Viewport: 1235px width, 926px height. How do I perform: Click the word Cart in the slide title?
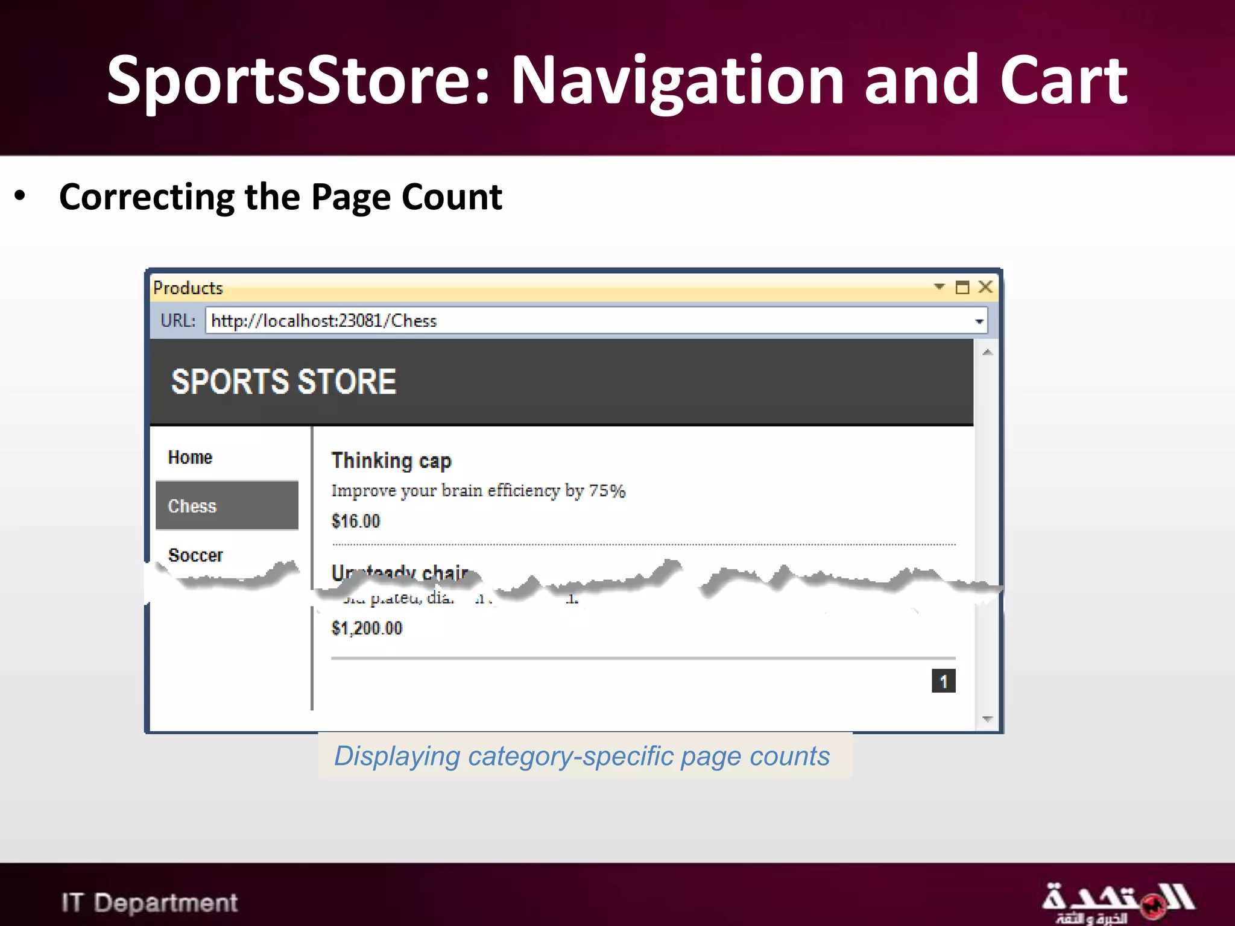1063,81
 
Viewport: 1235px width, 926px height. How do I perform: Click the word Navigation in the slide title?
677,81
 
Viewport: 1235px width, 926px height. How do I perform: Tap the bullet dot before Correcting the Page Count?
21,197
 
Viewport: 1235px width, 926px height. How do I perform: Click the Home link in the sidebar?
190,458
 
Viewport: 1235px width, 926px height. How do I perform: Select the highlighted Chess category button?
227,506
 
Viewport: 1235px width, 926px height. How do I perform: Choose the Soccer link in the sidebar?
195,555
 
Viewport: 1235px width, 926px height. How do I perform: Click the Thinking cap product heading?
391,461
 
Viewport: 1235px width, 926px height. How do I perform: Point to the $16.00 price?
356,521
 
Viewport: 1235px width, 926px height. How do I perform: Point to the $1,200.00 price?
367,628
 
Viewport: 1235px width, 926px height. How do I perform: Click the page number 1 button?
943,681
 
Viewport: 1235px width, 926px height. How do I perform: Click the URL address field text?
324,321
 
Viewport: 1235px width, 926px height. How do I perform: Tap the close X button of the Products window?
985,287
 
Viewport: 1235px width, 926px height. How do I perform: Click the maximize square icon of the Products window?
962,288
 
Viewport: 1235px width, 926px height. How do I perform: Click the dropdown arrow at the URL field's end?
979,321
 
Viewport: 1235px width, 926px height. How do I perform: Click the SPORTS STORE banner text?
283,382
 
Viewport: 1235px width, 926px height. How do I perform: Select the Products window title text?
188,288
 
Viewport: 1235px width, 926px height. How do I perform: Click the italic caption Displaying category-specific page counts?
582,756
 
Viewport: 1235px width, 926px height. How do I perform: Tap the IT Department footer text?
150,902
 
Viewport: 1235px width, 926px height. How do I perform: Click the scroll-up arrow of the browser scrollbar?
987,353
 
